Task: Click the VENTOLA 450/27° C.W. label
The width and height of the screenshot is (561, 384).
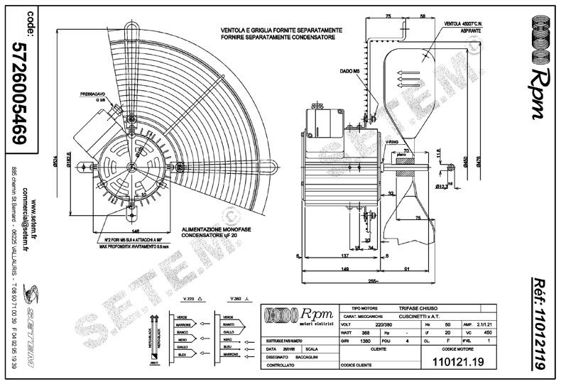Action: (463, 24)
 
